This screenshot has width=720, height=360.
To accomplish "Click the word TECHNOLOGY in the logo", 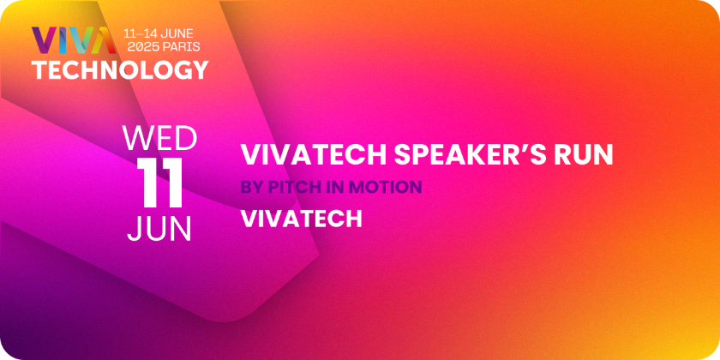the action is [120, 70].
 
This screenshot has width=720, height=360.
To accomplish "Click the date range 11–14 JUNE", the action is [159, 33].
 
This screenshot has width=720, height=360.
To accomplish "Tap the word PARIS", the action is [183, 46].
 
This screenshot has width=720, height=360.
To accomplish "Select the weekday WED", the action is [159, 139].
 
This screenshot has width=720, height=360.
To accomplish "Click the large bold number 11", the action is [159, 183].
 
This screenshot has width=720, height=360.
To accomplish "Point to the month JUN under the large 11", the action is [159, 229].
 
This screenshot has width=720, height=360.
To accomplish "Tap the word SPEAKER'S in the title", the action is [467, 155].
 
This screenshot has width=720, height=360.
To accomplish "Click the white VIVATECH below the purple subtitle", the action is [302, 219].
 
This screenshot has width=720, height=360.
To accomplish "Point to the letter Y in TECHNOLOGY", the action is [200, 70].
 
